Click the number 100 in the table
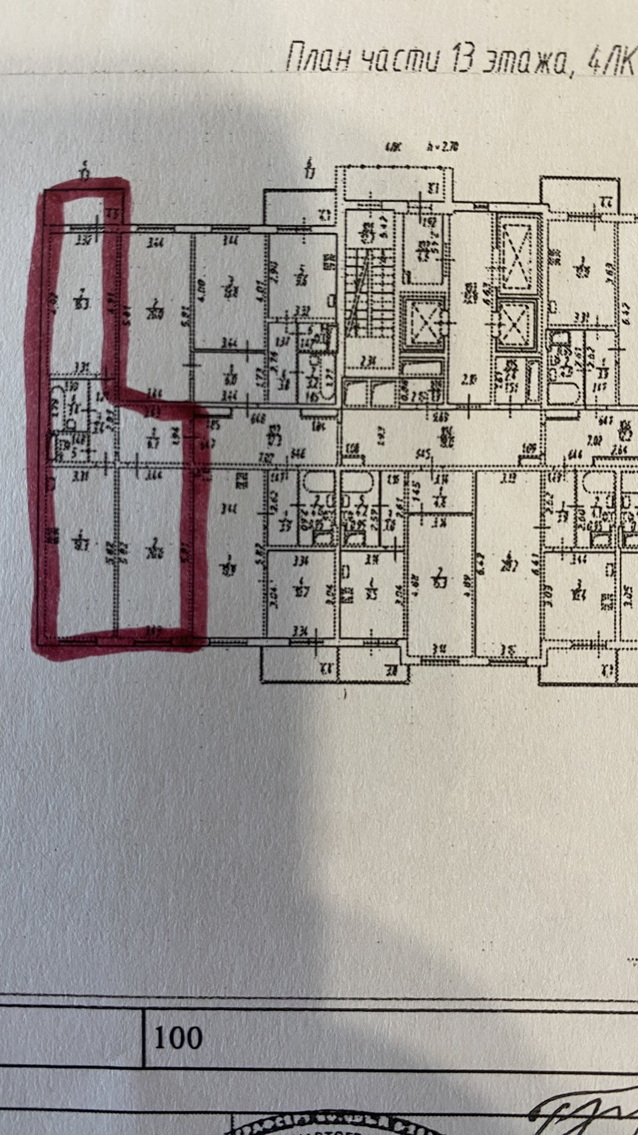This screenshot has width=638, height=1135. (178, 1037)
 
